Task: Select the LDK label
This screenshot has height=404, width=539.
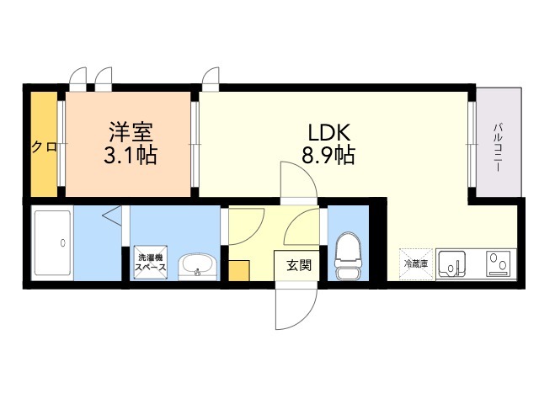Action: (x=328, y=132)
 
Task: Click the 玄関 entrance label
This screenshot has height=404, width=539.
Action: (x=298, y=265)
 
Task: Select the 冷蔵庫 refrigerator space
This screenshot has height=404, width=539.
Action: (x=415, y=263)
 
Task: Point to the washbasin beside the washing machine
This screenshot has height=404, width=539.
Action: (x=198, y=266)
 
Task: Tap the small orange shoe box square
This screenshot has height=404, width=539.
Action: (x=239, y=271)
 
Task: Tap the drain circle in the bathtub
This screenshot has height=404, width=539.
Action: (x=63, y=243)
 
